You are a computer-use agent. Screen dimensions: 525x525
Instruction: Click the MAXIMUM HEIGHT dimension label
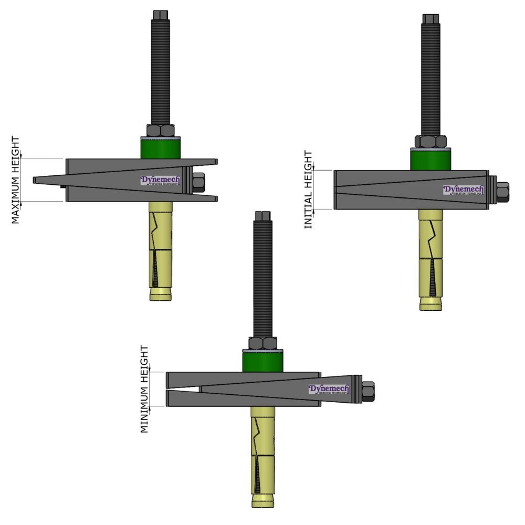16,180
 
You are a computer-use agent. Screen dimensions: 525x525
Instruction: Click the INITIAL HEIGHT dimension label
308,190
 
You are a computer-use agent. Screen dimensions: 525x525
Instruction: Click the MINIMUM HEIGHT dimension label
144,389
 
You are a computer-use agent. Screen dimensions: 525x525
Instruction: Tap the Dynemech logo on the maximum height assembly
160,181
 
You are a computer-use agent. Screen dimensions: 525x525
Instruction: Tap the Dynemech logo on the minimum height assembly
329,390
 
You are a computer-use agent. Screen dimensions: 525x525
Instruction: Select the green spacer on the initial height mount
430,159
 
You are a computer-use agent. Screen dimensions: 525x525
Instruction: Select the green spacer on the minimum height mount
262,361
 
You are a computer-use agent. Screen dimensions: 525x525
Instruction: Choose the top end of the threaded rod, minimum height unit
262,216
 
